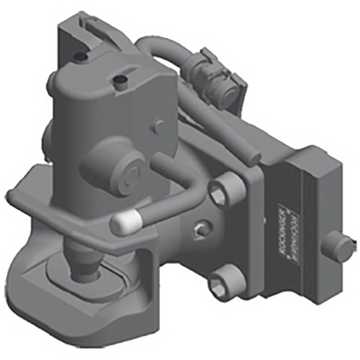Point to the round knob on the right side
tap(338, 245)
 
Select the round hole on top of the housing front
tap(120, 81)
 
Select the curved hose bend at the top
tap(151, 47)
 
